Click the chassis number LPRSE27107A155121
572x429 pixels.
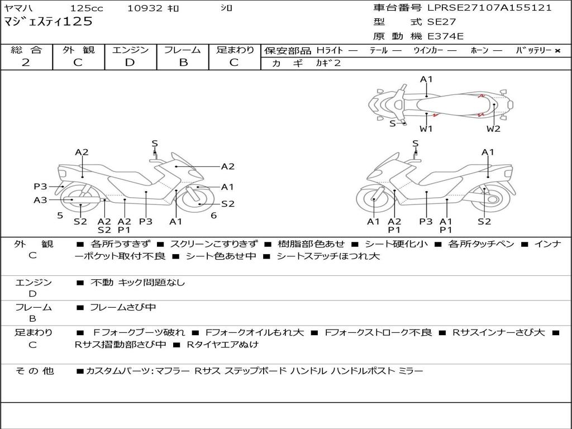[489, 8]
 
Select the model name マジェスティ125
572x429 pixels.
[48, 22]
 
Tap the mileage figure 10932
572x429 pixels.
[145, 8]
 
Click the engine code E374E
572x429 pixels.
[445, 36]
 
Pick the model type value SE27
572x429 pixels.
[441, 22]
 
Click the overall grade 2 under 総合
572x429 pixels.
[26, 63]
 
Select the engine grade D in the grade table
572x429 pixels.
[130, 63]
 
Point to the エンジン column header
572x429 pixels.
[130, 50]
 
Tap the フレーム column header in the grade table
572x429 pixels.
[183, 50]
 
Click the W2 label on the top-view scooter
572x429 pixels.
[493, 129]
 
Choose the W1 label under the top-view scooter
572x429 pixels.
[427, 129]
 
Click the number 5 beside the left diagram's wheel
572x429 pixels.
[60, 215]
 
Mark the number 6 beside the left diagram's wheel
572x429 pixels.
[213, 215]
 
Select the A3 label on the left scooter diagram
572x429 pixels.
[40, 200]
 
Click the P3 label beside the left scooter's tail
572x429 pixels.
[40, 187]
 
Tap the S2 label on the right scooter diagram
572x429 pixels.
[484, 221]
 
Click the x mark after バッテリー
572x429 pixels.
[557, 51]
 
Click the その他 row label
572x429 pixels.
[34, 371]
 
